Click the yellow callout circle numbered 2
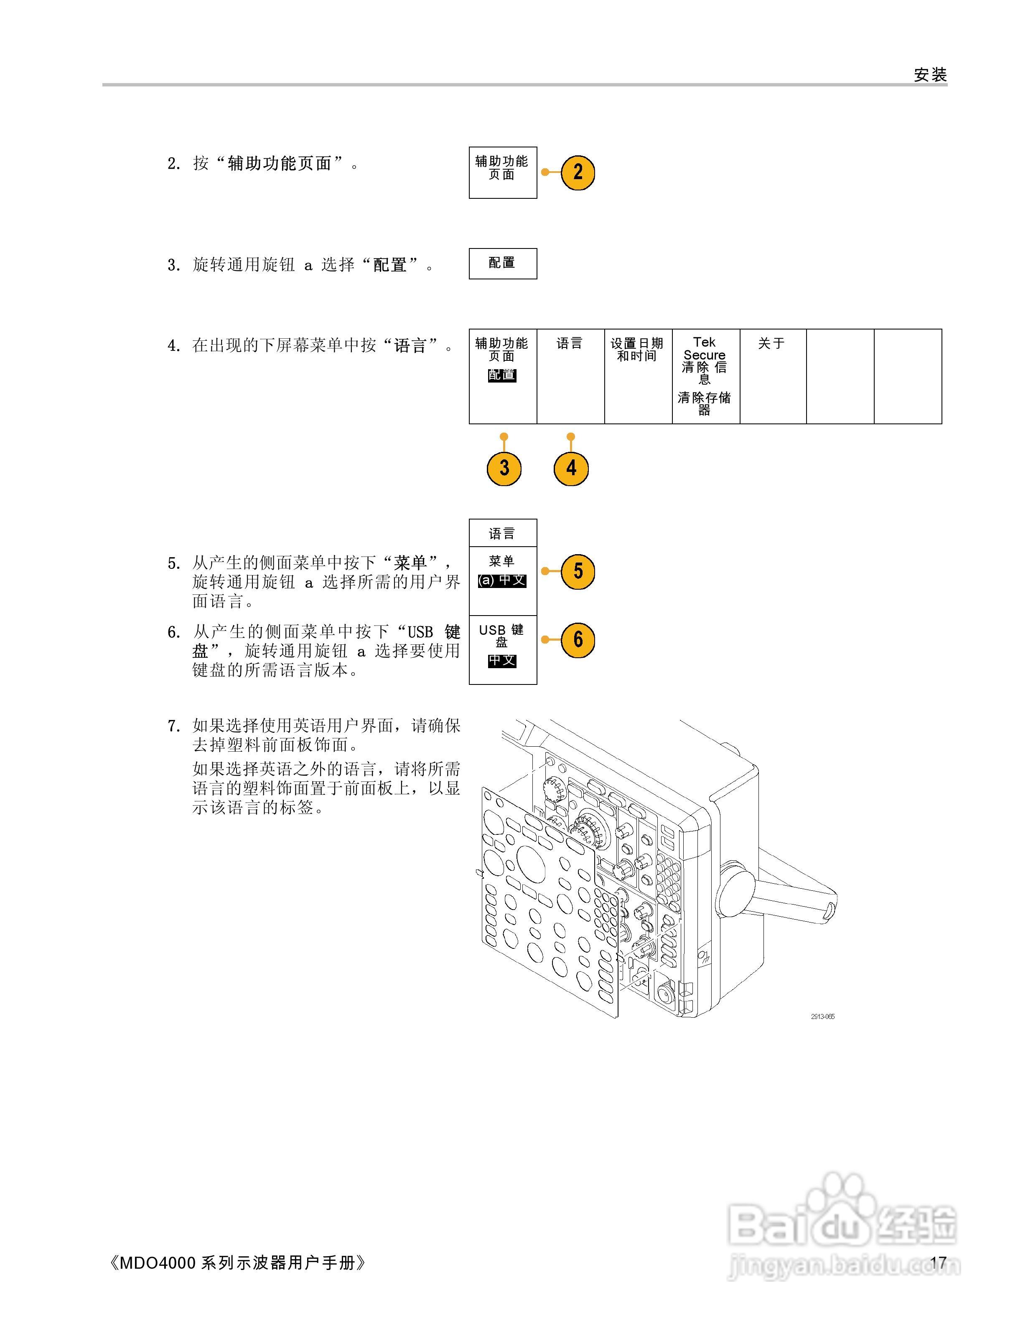point(578,172)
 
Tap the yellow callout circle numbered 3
point(504,468)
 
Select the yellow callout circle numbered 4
point(571,468)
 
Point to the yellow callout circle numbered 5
point(578,571)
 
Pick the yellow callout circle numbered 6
point(578,640)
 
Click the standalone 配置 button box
point(502,264)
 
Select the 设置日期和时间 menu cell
point(638,375)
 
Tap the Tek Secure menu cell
point(705,375)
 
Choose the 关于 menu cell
point(773,375)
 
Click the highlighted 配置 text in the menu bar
point(502,375)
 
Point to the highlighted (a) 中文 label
point(502,580)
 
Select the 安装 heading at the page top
point(930,75)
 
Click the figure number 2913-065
point(822,1016)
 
